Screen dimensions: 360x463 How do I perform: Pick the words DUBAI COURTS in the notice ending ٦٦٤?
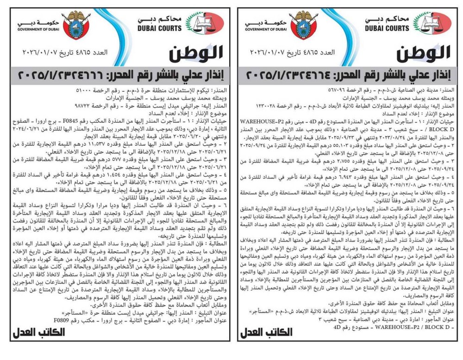(389, 28)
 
